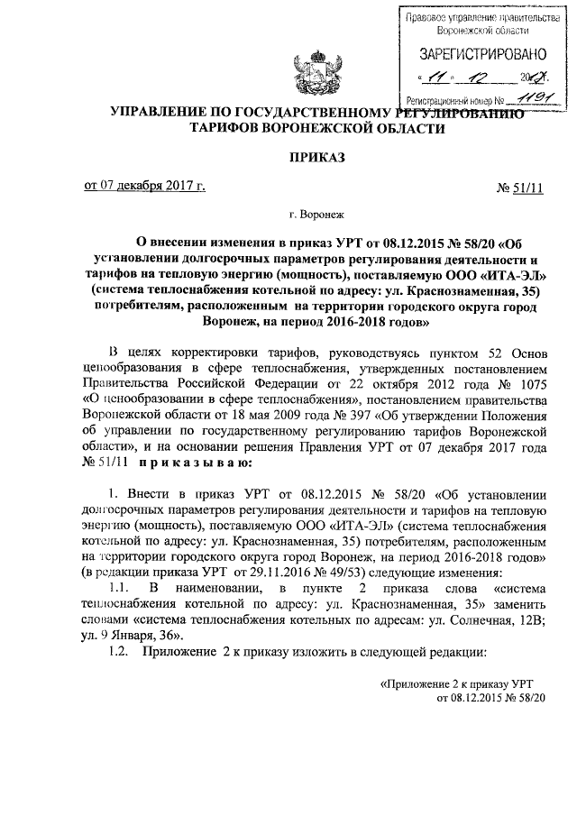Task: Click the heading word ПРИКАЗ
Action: [316, 157]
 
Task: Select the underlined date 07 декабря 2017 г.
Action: [144, 187]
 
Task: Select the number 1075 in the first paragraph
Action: [528, 385]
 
